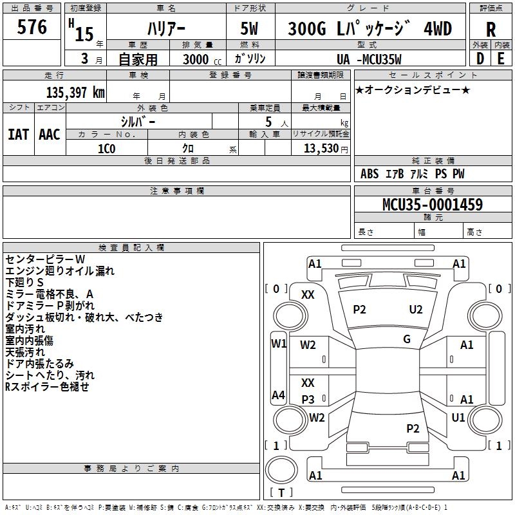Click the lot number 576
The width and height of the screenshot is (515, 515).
point(32,26)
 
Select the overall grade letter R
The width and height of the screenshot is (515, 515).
point(491,30)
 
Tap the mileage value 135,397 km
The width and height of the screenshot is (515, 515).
point(75,93)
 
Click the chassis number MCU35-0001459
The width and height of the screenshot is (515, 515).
point(433,204)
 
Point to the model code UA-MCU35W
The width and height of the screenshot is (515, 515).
point(369,59)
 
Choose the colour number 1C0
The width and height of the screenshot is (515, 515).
point(107,149)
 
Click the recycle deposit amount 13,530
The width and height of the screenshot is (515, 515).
point(321,149)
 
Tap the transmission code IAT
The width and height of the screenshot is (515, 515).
point(19,135)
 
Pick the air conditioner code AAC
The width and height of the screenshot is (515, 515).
point(50,135)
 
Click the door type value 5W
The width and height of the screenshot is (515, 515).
point(249,28)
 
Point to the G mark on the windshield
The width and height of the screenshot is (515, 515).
point(407,339)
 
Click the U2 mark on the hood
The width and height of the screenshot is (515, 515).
point(415,310)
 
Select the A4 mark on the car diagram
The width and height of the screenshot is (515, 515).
point(278,395)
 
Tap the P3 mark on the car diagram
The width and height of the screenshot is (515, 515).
point(308,399)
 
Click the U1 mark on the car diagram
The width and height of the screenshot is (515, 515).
point(458,417)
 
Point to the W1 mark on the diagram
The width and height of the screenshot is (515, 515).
point(279,344)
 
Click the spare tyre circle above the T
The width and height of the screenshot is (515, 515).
point(281,470)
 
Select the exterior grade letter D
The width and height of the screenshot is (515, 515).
point(480,59)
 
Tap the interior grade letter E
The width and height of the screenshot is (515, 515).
point(501,59)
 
